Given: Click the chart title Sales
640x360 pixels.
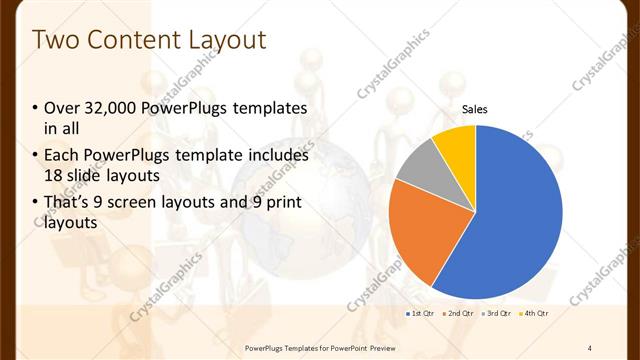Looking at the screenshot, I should [x=475, y=110].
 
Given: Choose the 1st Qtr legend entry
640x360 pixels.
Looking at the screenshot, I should [x=420, y=313].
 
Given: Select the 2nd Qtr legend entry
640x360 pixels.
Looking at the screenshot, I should [x=458, y=313].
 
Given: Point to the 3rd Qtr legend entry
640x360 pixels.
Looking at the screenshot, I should [x=497, y=313].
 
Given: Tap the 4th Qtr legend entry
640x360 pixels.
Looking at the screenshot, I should [x=535, y=313].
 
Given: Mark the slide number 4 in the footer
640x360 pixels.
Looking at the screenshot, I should [x=590, y=346].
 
